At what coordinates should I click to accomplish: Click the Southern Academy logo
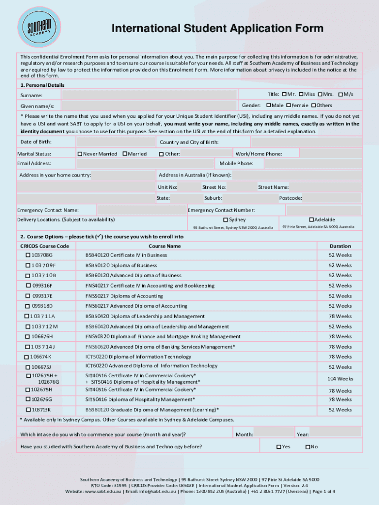tap(39, 28)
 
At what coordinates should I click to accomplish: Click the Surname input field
tap(149, 95)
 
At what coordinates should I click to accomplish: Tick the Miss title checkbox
tap(301, 94)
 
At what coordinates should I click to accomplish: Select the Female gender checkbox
tap(289, 105)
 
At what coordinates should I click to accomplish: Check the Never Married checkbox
tap(80, 154)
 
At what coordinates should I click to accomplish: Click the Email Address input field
tap(146, 163)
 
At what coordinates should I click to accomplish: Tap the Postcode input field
tap(332, 198)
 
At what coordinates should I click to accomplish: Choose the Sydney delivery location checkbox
tap(225, 219)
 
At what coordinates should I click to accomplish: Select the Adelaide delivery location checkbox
tap(311, 219)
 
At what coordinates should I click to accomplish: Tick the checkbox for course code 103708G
tap(28, 255)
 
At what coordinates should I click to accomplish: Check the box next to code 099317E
tap(28, 296)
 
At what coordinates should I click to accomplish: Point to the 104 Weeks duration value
tap(340, 379)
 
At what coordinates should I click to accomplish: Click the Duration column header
tap(340, 246)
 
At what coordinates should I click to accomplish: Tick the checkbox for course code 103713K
tap(28, 410)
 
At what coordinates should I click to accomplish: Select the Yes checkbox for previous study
tap(279, 447)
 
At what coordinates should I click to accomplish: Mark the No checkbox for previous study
tap(308, 447)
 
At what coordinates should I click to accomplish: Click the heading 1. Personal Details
tap(42, 85)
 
